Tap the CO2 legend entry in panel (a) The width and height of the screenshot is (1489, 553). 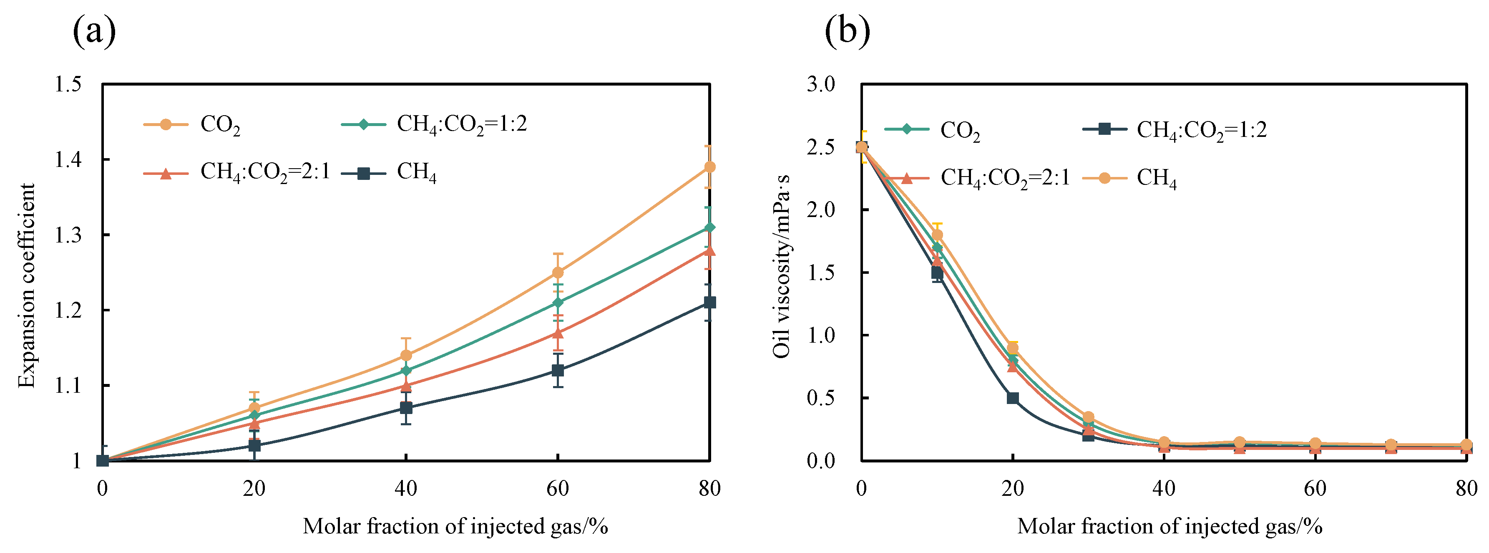click(x=220, y=124)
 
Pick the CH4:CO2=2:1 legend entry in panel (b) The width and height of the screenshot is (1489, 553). click(x=1005, y=177)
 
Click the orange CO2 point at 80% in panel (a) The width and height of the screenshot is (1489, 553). click(x=709, y=167)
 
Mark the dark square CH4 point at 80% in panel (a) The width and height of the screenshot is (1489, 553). click(x=709, y=303)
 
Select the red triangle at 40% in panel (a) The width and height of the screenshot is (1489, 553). click(x=406, y=385)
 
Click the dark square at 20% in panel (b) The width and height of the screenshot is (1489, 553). click(x=1013, y=398)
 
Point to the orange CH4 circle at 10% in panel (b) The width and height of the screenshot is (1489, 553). click(x=937, y=235)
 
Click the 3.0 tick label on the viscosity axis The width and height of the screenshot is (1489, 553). click(x=821, y=84)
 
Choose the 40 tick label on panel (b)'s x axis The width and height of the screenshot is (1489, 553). click(x=1164, y=489)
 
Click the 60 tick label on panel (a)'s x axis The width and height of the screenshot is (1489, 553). click(x=558, y=489)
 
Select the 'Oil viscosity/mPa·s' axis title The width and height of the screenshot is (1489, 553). click(x=782, y=266)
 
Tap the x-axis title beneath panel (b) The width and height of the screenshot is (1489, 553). click(x=1170, y=526)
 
